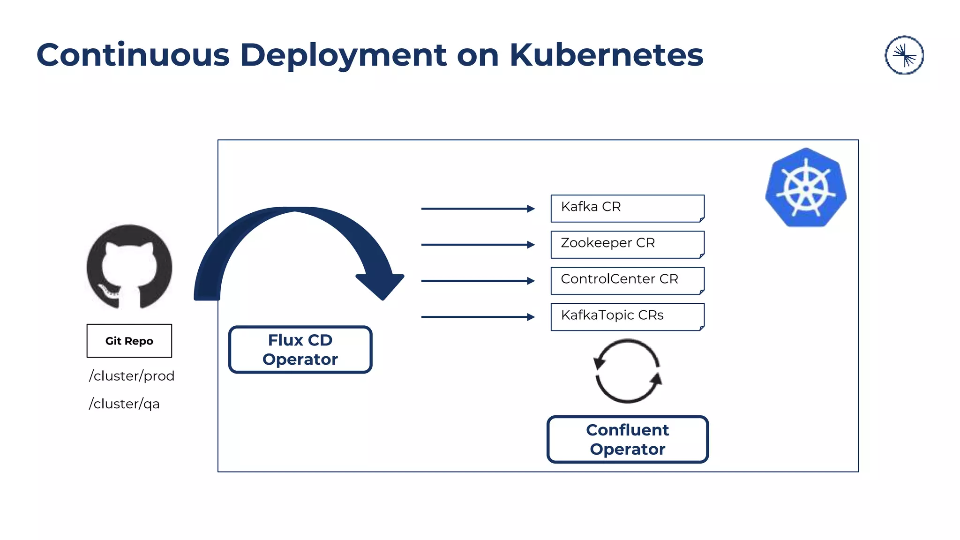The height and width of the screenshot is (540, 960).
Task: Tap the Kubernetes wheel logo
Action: [x=806, y=188]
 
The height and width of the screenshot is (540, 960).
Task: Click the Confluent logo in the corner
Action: [x=904, y=55]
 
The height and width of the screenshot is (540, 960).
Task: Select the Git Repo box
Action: [x=129, y=341]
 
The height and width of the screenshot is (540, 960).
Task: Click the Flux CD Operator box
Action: [x=300, y=350]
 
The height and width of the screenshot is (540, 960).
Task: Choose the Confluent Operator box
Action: [x=627, y=440]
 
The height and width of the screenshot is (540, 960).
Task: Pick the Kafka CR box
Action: [x=627, y=208]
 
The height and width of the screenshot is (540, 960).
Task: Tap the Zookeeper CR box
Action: [x=627, y=244]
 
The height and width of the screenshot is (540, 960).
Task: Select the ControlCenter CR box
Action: [x=627, y=280]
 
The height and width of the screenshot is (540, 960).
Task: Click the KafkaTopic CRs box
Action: [x=627, y=316]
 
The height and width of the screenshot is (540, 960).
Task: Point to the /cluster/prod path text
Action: [x=132, y=376]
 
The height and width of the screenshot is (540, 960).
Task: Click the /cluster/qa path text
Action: [x=125, y=404]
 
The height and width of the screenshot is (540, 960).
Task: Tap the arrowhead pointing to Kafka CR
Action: [x=531, y=209]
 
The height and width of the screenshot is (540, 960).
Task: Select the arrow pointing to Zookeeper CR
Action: [x=478, y=245]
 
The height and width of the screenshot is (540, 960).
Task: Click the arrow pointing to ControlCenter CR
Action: [x=478, y=281]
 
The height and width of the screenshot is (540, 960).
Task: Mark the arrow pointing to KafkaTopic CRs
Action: [x=478, y=317]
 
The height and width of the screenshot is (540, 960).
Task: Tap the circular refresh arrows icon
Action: [x=628, y=371]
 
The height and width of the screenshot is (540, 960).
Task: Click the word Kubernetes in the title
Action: [x=606, y=55]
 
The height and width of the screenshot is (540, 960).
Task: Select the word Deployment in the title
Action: [x=343, y=55]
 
